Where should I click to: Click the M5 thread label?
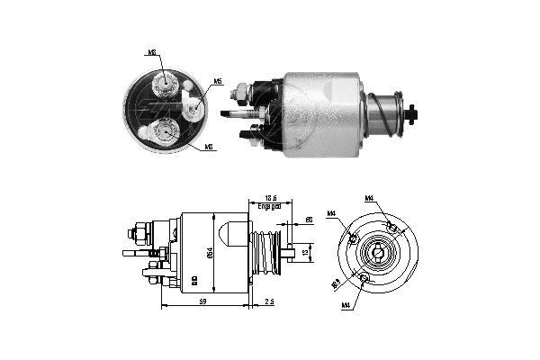click(217, 83)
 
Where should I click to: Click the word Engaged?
click(267, 206)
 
